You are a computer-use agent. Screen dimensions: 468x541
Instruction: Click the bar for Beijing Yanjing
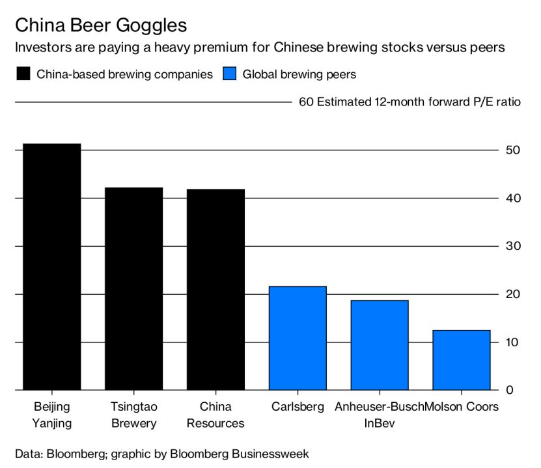pos(52,267)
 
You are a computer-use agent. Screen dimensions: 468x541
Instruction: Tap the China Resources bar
pos(215,290)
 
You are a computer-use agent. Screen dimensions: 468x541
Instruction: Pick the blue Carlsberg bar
pos(298,338)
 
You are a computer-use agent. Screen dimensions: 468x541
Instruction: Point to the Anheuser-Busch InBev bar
pos(380,345)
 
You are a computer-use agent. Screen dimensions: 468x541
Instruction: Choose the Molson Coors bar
pos(461,360)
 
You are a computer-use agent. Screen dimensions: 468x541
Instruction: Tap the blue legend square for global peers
pos(229,74)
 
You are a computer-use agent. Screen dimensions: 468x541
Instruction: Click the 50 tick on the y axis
pos(512,150)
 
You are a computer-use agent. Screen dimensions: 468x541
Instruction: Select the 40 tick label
pos(512,198)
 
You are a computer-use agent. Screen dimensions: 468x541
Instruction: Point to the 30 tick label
pos(512,246)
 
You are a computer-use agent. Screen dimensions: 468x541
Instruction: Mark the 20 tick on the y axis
pos(512,294)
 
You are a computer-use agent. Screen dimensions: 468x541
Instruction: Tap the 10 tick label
pos(512,342)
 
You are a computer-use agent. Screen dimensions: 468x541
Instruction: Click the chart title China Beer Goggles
pos(101,25)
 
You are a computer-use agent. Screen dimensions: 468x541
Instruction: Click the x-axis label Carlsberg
pos(297,407)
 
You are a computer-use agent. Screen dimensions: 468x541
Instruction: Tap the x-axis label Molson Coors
pos(462,407)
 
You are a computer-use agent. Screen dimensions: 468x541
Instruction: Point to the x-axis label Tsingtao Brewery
pos(133,415)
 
